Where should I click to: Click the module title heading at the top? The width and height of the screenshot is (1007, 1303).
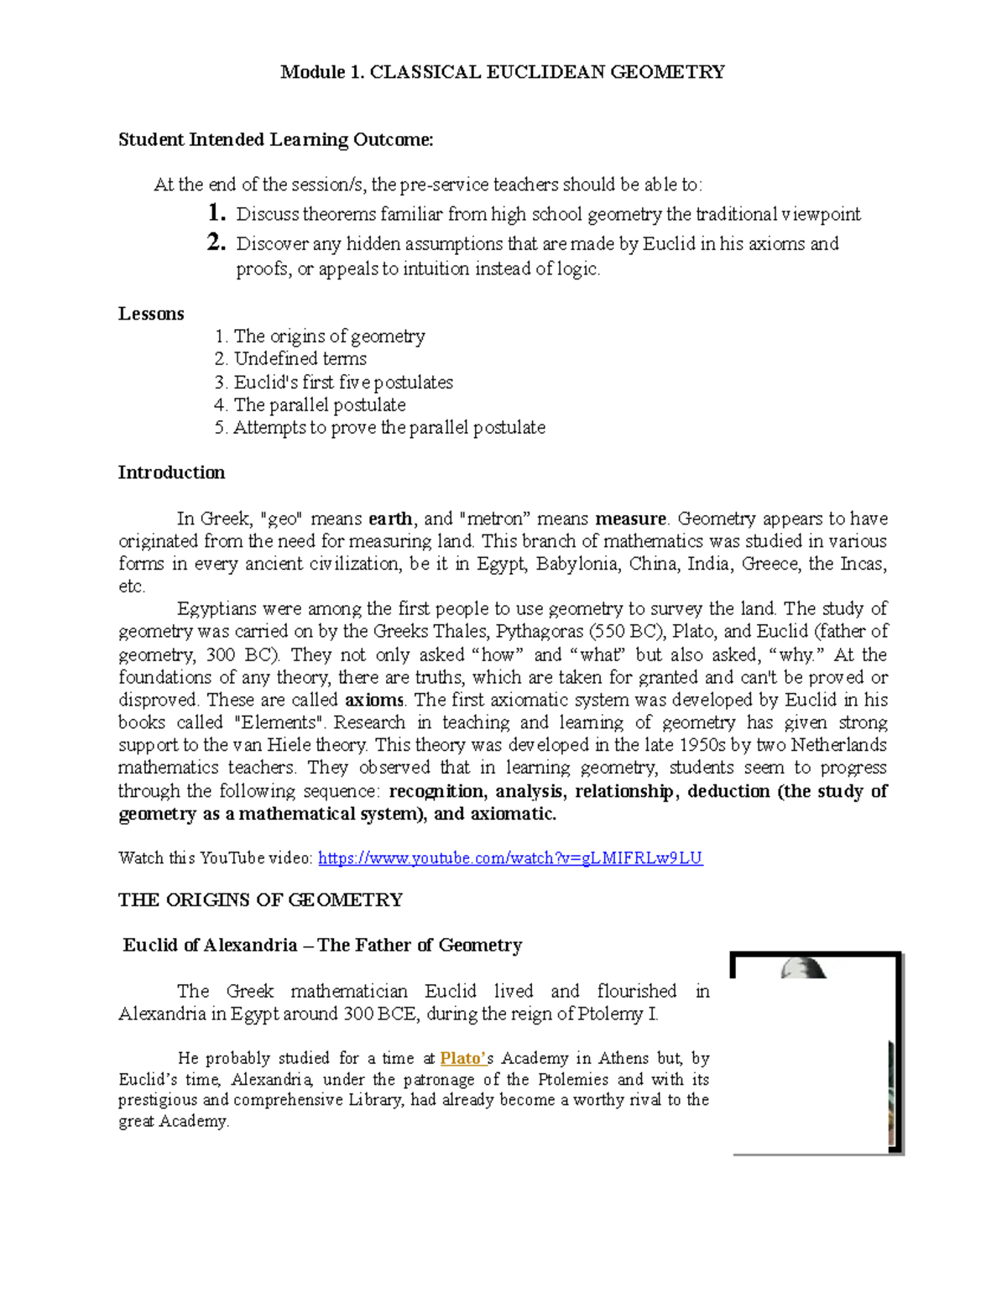[503, 72]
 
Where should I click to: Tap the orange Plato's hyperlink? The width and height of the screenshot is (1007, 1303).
[462, 1059]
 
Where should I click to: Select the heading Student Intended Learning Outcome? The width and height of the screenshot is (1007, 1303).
[275, 140]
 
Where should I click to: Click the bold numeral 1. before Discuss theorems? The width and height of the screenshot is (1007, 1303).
[217, 213]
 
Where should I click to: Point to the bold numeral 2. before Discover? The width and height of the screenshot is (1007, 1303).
[217, 243]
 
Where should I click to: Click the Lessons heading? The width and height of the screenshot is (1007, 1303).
[151, 314]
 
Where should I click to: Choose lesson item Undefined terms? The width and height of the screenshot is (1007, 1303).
[300, 359]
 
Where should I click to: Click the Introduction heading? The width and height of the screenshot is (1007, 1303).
[171, 473]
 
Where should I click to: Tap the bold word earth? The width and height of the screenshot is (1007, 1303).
[390, 519]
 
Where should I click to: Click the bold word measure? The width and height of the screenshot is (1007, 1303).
[630, 519]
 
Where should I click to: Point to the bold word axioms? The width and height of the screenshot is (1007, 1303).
[374, 700]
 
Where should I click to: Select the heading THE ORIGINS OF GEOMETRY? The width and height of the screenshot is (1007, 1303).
[260, 900]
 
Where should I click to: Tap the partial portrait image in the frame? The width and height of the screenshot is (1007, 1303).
[816, 1053]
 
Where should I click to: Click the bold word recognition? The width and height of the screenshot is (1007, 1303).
[436, 791]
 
